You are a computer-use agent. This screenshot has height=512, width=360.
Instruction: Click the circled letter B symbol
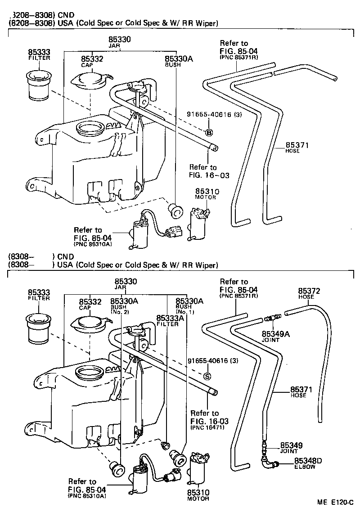[209, 132]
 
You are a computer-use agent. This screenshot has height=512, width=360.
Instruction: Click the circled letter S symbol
[207, 376]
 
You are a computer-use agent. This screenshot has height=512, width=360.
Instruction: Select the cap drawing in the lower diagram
[90, 323]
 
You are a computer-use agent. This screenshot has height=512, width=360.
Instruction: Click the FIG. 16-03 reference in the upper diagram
[209, 175]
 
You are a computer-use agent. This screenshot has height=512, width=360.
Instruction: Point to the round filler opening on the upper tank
[92, 129]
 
